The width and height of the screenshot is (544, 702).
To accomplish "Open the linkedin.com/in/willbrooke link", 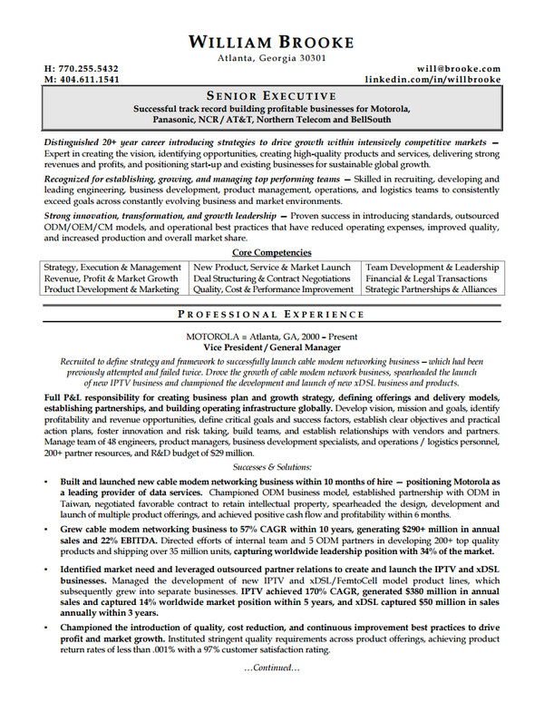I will point(432,80).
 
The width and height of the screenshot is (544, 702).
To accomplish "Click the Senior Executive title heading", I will point(271,95).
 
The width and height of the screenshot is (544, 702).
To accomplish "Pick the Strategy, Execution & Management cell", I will point(112,268).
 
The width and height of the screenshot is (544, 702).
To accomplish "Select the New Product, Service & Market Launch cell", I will point(272,268).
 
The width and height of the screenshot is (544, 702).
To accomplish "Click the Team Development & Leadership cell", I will point(432,268).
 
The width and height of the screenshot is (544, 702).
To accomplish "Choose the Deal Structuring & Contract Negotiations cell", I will point(272,278).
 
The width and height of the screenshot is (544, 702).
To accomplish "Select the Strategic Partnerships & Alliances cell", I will point(432,289).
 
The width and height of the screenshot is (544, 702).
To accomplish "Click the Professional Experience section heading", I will point(271,315).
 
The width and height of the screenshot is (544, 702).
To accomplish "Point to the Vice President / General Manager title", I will point(271,347).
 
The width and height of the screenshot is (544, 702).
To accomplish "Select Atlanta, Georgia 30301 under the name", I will point(271,58).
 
